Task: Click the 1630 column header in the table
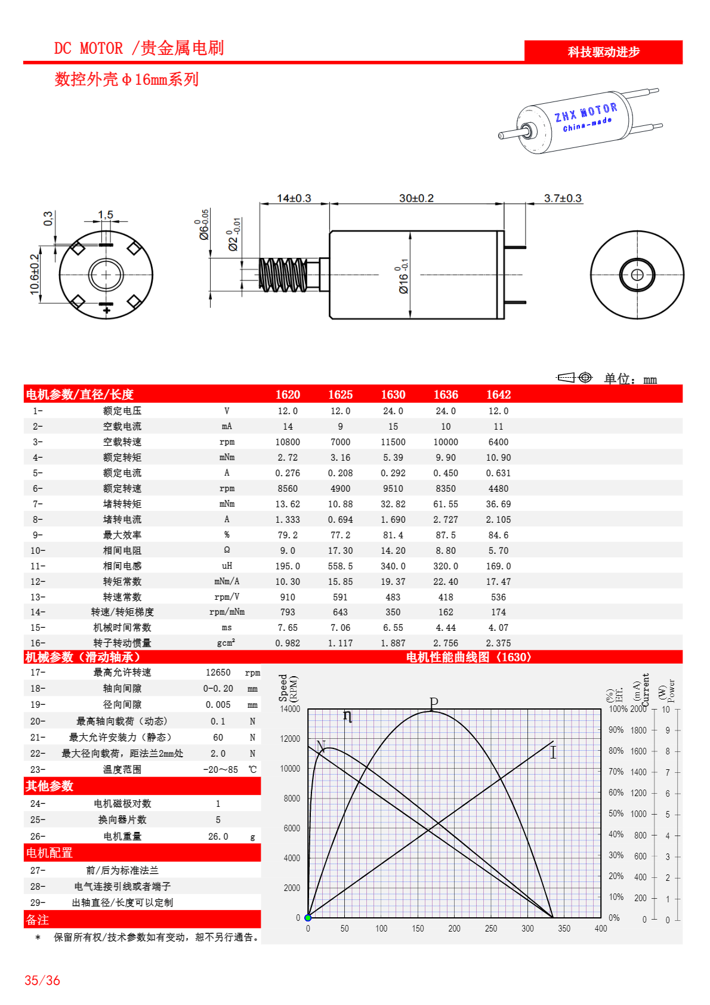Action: (x=393, y=394)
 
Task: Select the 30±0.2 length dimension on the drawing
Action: (x=416, y=198)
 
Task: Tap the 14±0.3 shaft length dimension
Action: (x=294, y=198)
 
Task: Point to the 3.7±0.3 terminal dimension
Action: (x=562, y=198)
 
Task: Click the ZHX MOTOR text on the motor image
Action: (x=585, y=112)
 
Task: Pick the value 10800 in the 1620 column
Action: (x=288, y=442)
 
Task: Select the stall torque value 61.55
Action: (x=446, y=504)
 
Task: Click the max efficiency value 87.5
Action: (x=446, y=535)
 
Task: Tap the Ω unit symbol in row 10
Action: (x=227, y=550)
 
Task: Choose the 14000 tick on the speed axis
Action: (x=290, y=709)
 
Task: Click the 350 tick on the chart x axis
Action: (x=564, y=929)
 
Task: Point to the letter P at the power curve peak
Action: (x=434, y=703)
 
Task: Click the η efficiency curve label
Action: (x=348, y=716)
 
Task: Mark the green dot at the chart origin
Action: (x=308, y=918)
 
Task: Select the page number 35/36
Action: (x=42, y=981)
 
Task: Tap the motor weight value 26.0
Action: (x=218, y=837)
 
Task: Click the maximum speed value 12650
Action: (x=218, y=673)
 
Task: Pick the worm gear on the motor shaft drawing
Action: (x=283, y=275)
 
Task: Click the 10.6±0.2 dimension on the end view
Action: (x=35, y=274)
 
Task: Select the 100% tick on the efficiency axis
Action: (x=618, y=709)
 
